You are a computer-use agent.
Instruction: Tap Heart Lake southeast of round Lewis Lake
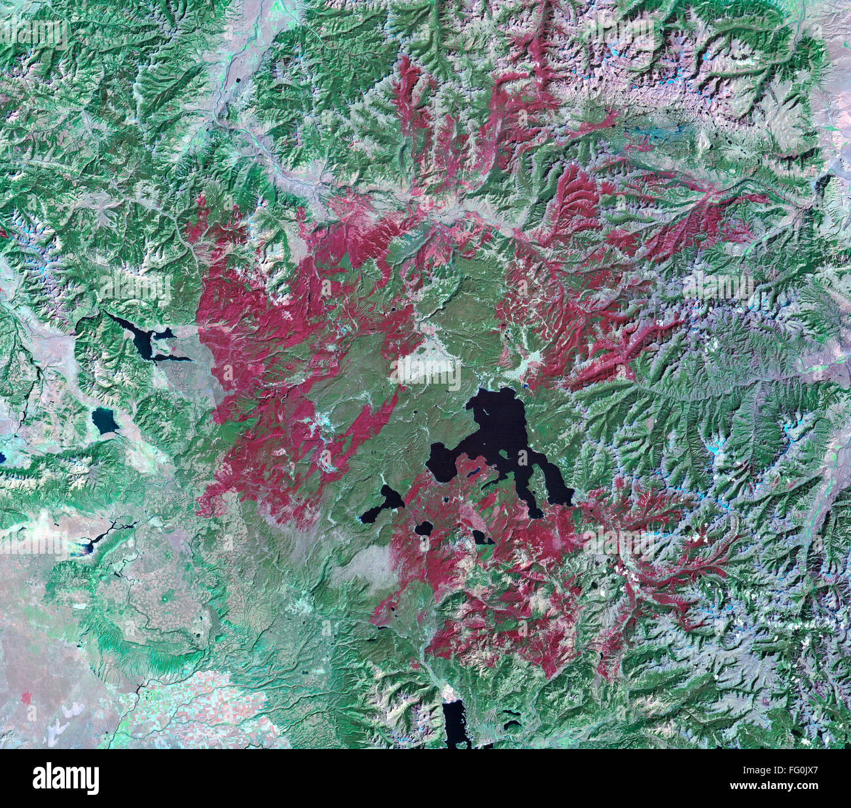(482, 538)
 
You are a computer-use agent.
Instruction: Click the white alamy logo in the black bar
(65, 779)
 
